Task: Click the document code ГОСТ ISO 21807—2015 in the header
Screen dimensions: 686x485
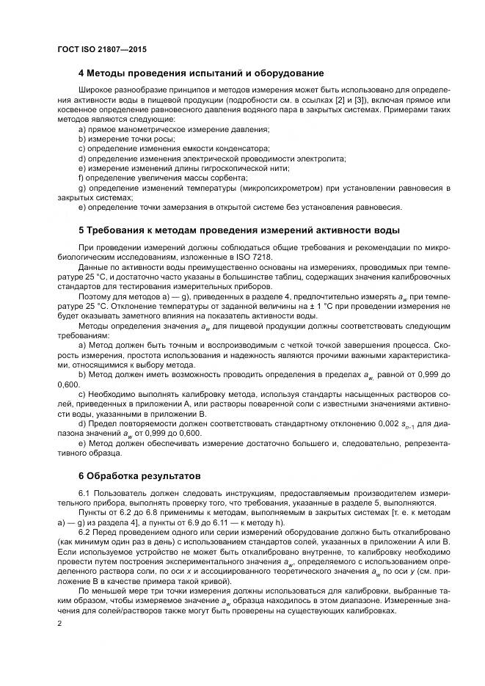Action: pyautogui.click(x=103, y=49)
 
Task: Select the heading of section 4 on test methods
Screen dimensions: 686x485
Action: pyautogui.click(x=201, y=73)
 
